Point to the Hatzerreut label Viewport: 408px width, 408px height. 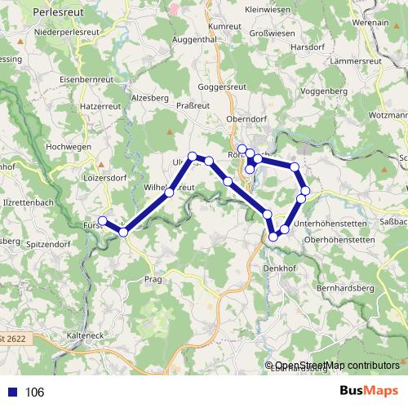pyautogui.click(x=100, y=106)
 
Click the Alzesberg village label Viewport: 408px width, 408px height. pyautogui.click(x=149, y=96)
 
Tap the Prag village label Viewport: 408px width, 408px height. pyautogui.click(x=154, y=279)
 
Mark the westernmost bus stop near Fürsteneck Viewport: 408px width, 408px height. pyautogui.click(x=103, y=221)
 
